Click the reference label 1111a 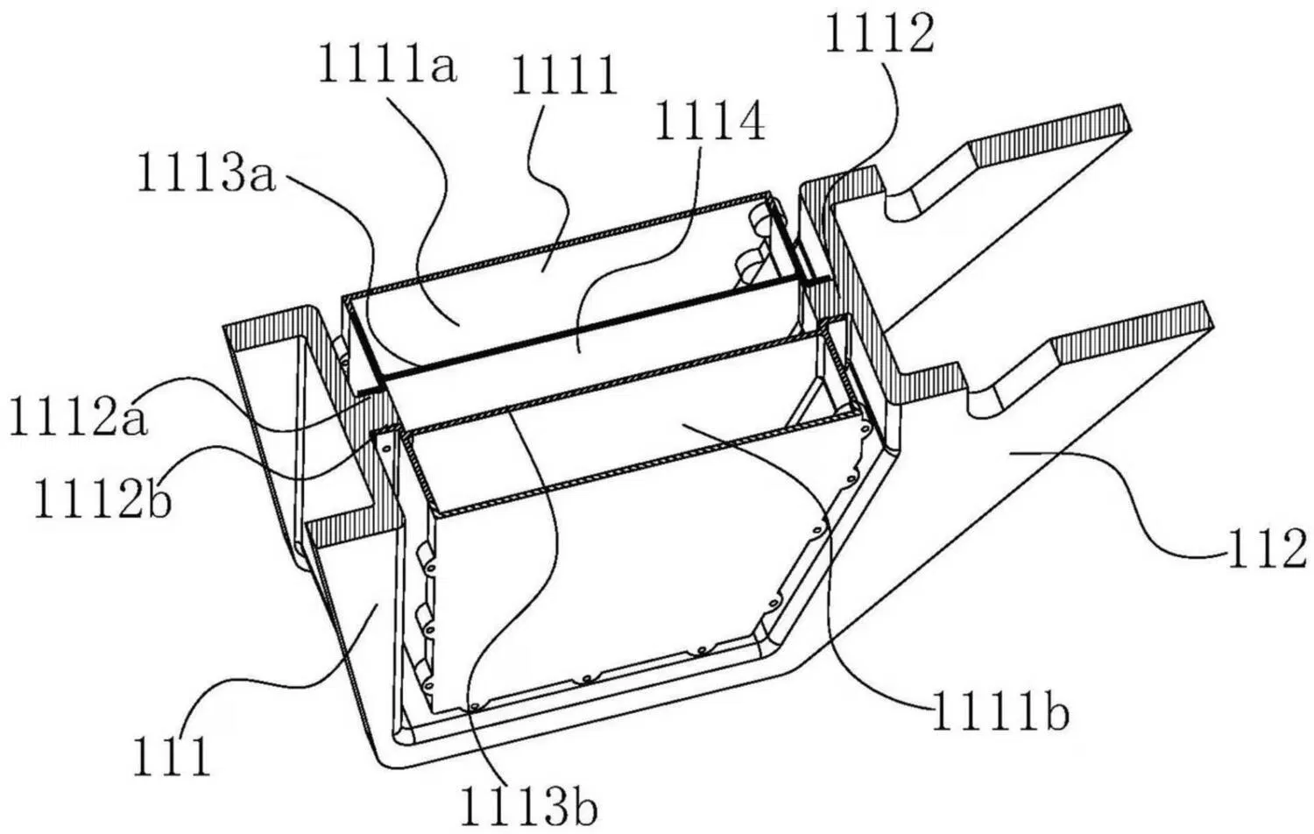386,67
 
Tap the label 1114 710,123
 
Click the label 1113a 206,175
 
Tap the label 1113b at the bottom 529,803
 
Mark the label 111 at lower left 172,756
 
